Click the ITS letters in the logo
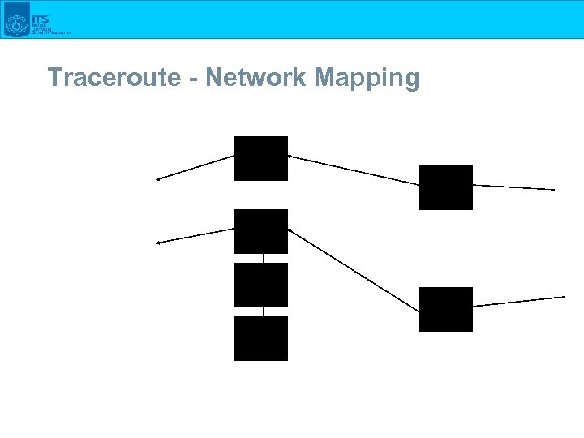tap(40, 18)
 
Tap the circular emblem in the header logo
tap(16, 23)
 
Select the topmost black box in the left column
tap(260, 158)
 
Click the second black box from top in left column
tap(260, 231)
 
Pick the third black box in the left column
tap(260, 285)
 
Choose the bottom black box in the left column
tap(260, 338)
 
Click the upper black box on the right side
tap(445, 187)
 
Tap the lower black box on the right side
tap(445, 309)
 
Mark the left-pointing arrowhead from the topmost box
tap(159, 178)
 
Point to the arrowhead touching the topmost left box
tap(290, 156)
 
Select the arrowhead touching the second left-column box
tap(290, 231)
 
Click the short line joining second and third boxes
tap(263, 258)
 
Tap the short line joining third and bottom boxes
tap(263, 311)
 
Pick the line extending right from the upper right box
tap(513, 187)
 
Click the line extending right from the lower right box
tap(519, 301)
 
